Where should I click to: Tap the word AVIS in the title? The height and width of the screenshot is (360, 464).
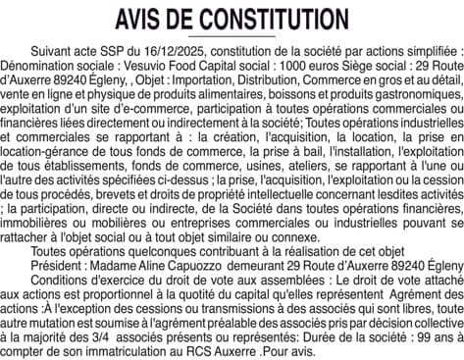click(141, 19)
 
